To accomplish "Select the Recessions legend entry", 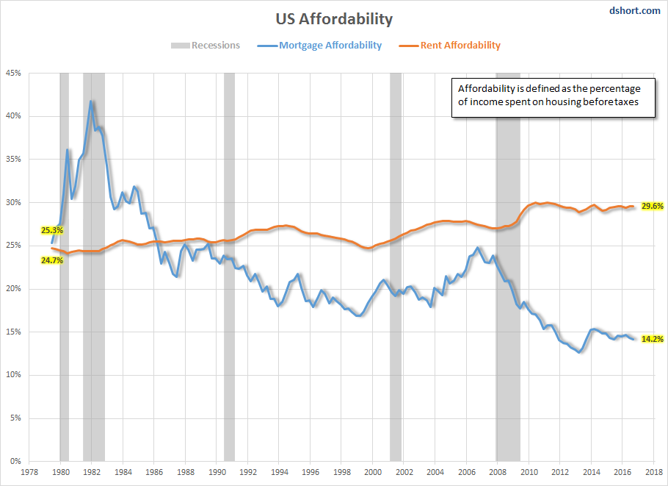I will pyautogui.click(x=206, y=46).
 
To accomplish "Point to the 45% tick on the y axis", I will pyautogui.click(x=15, y=73).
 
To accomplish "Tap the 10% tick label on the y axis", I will pyautogui.click(x=15, y=375).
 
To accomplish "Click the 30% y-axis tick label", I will pyautogui.click(x=15, y=202).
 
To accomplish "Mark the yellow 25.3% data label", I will pyautogui.click(x=52, y=230).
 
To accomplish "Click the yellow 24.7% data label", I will pyautogui.click(x=52, y=260).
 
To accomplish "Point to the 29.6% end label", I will pyautogui.click(x=653, y=207).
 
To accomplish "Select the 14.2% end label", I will pyautogui.click(x=653, y=339).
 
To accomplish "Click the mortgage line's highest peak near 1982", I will pyautogui.click(x=91, y=101).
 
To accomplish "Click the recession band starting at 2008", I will pyautogui.click(x=508, y=294).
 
